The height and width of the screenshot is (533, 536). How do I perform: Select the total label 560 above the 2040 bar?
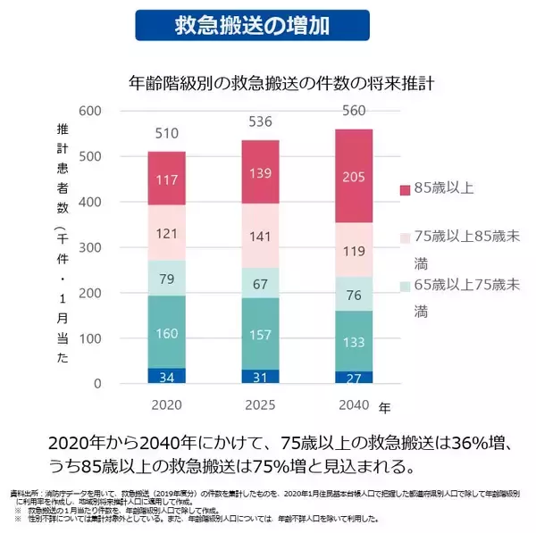pyautogui.click(x=354, y=112)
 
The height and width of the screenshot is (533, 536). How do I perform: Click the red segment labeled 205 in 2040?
pyautogui.click(x=354, y=177)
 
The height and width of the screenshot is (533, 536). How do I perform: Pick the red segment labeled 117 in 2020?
pyautogui.click(x=167, y=179)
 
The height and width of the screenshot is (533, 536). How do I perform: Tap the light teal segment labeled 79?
pyautogui.click(x=167, y=279)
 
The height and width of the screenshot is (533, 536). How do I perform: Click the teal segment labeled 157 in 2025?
pyautogui.click(x=260, y=333)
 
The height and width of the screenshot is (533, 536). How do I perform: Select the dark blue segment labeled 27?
pyautogui.click(x=354, y=379)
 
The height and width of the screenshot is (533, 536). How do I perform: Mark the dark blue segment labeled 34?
pyautogui.click(x=167, y=377)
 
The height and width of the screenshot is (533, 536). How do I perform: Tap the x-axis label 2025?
pyautogui.click(x=260, y=405)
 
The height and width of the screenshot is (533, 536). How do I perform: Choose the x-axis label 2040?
pyautogui.click(x=354, y=405)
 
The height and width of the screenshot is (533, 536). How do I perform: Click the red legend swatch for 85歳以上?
pyautogui.click(x=405, y=188)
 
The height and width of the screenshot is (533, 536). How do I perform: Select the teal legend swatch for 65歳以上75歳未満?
pyautogui.click(x=405, y=285)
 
